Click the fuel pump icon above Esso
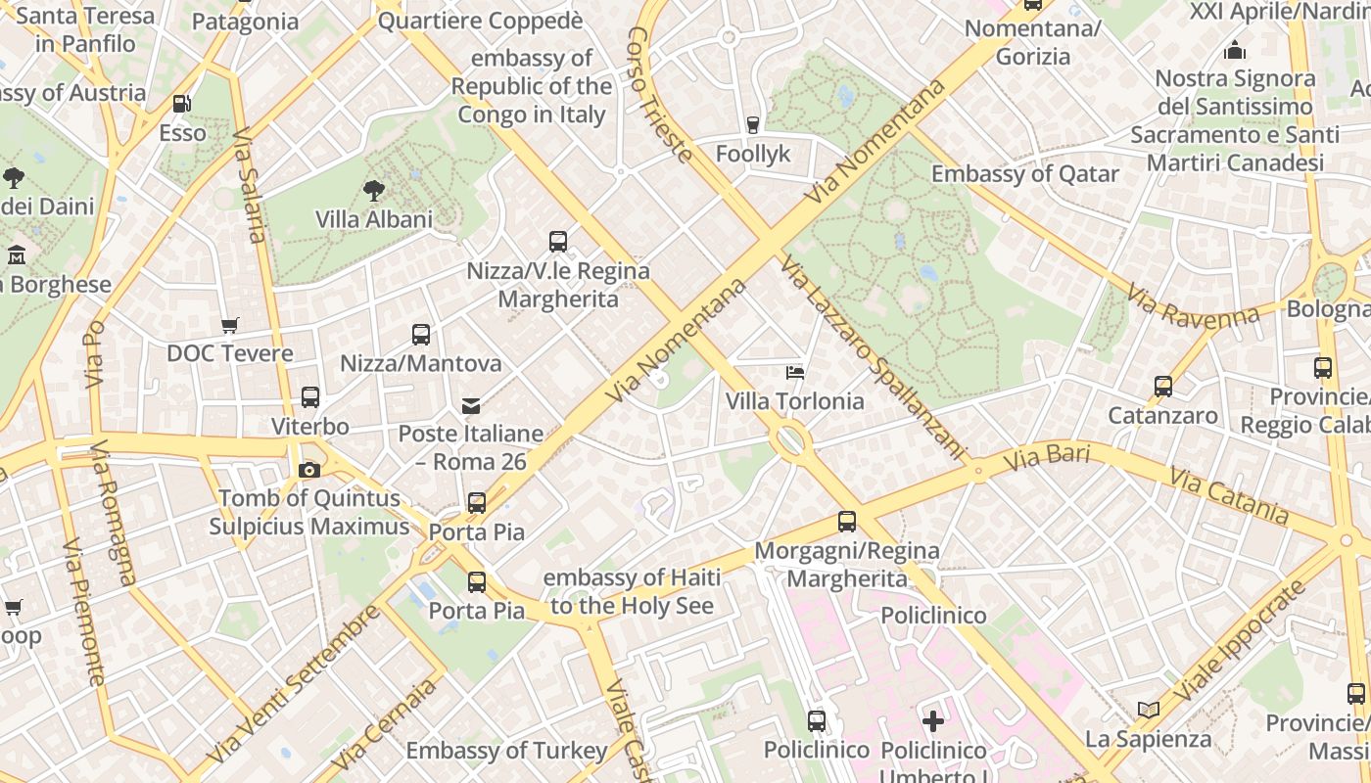(181, 104)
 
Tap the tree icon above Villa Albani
(373, 190)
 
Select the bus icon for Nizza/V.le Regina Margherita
(558, 241)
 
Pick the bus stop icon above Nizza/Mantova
(421, 335)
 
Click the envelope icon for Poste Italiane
(471, 405)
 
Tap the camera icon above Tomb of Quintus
(309, 470)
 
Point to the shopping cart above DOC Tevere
(230, 325)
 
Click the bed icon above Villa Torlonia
(795, 372)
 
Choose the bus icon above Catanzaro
(1163, 387)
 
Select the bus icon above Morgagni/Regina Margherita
(847, 522)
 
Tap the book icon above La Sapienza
(1149, 710)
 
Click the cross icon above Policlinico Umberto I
(933, 721)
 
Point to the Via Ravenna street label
(1192, 305)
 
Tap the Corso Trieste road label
(659, 93)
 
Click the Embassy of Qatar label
(1024, 174)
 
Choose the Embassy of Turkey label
(506, 751)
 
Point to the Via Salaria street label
(251, 185)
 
